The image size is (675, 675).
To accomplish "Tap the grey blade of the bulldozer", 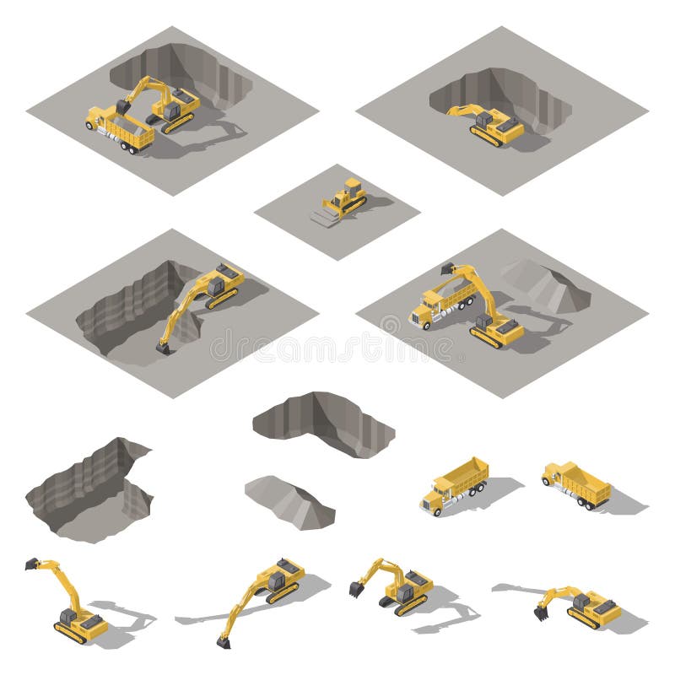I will tap(325, 218).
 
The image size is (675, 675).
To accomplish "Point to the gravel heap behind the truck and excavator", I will tap(545, 285).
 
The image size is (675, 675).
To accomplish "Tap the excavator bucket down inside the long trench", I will tap(162, 346).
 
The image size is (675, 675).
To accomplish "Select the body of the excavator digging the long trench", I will tap(222, 283).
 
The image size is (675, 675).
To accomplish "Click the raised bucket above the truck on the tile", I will tap(447, 270).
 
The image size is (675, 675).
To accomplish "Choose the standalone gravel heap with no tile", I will tap(289, 501).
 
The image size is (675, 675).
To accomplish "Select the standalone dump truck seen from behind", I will tap(579, 483).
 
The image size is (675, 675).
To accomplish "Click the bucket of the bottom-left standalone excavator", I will tap(32, 563).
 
